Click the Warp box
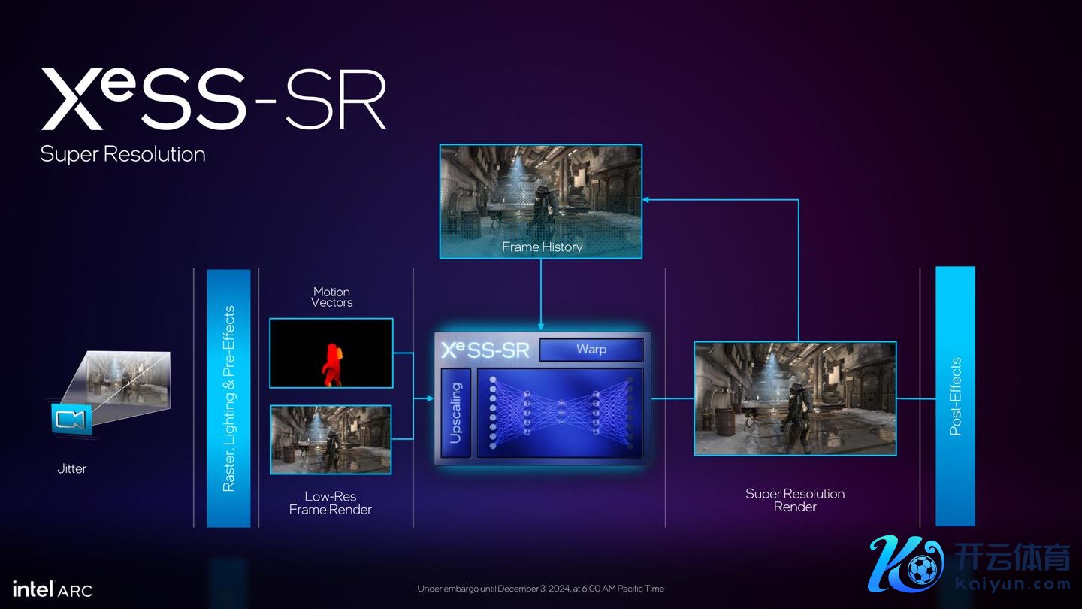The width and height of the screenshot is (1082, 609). coord(591,350)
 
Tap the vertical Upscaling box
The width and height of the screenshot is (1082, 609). coord(455,413)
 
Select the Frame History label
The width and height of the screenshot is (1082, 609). coord(542,247)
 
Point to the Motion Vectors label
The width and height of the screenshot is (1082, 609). coord(332,297)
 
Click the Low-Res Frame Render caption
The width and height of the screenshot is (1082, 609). coord(331,503)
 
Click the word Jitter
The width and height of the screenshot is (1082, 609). coord(72,468)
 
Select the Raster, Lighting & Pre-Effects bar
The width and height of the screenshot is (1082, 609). coord(228,398)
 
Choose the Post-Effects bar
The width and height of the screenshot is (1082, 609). coord(956,395)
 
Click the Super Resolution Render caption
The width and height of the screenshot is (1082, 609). coord(795,500)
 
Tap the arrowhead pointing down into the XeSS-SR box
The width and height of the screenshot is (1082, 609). coord(541,327)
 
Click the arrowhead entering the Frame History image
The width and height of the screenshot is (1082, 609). coord(646,200)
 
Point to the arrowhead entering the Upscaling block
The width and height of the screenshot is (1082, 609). coord(430,398)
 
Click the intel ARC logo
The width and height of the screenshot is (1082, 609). coord(53,589)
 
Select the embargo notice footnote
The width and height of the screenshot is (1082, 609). coord(540,589)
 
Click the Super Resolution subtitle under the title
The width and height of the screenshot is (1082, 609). coord(122,154)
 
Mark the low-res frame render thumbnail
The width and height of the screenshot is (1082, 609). coord(331,440)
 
